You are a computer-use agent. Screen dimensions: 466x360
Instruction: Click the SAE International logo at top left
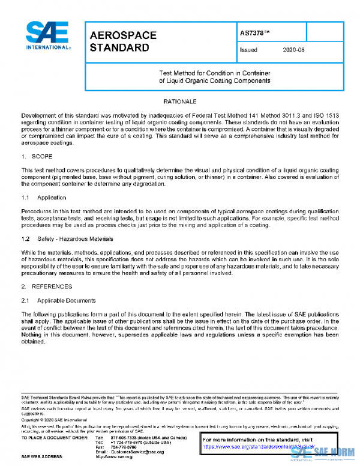pyautogui.click(x=47, y=35)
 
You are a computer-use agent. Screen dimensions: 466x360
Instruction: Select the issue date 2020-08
pyautogui.click(x=293, y=50)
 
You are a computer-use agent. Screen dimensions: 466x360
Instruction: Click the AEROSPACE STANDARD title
pyautogui.click(x=122, y=41)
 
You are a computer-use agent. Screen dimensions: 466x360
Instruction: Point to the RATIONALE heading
pyautogui.click(x=180, y=102)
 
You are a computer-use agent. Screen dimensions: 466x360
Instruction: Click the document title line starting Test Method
pyautogui.click(x=214, y=71)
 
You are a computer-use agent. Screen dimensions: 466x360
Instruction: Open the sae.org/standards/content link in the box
pyautogui.click(x=248, y=447)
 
